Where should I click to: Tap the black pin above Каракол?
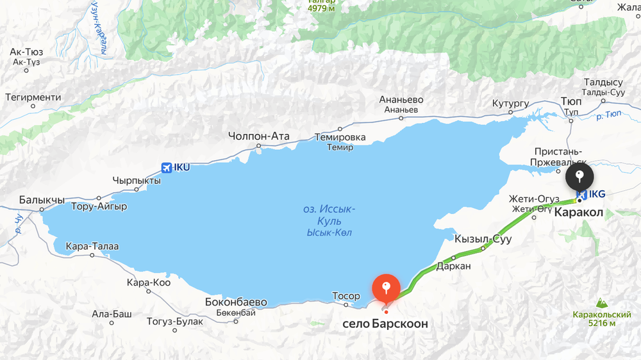coord(579,176)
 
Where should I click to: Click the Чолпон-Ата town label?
coord(259,136)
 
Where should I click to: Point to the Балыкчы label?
coord(41,199)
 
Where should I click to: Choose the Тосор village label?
coord(346,296)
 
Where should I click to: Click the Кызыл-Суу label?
coord(483,239)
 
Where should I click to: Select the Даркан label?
coord(454,266)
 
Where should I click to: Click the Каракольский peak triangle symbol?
coord(602,302)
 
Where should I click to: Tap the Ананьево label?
coord(401,100)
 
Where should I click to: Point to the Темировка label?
coord(340,137)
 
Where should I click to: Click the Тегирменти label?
coord(33,97)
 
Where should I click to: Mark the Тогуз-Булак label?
coord(175,322)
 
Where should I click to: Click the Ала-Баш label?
coord(112,314)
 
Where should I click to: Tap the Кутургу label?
coord(510,102)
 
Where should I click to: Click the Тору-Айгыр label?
coord(99,206)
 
